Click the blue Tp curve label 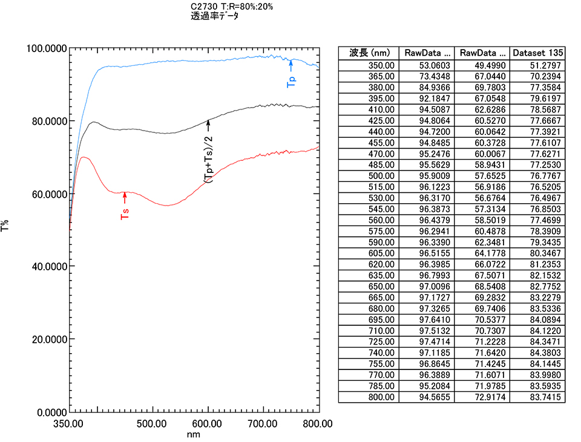click(x=291, y=81)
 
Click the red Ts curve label click(x=125, y=213)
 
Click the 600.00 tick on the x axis click(x=208, y=424)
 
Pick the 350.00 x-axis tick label click(x=69, y=424)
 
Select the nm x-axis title click(x=194, y=434)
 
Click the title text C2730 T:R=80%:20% click(x=232, y=7)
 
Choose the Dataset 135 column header click(x=537, y=53)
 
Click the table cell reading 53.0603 click(x=431, y=65)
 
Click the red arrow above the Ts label click(x=125, y=197)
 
